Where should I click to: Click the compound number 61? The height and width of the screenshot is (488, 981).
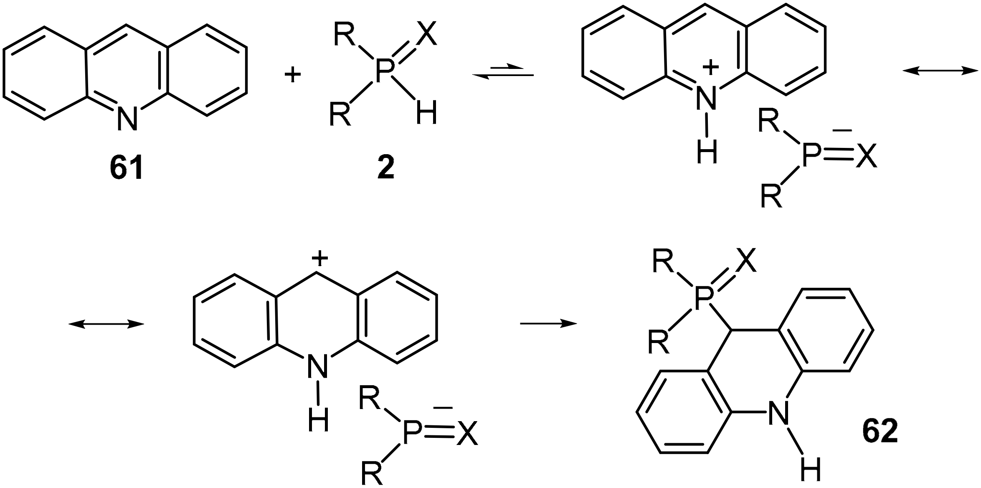(x=127, y=169)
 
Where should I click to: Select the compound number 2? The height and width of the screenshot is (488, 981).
(x=385, y=169)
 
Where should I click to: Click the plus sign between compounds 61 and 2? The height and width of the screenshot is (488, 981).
(x=292, y=76)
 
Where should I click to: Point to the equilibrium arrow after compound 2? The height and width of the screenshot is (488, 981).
(x=503, y=71)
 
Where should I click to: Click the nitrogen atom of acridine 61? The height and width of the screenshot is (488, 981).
(x=127, y=118)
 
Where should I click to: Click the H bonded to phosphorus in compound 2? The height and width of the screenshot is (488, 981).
(x=426, y=113)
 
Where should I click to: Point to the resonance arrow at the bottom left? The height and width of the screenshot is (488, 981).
(x=106, y=324)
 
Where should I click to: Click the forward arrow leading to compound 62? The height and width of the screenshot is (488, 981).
(x=548, y=323)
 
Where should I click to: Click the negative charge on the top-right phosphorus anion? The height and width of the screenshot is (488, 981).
(x=842, y=131)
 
